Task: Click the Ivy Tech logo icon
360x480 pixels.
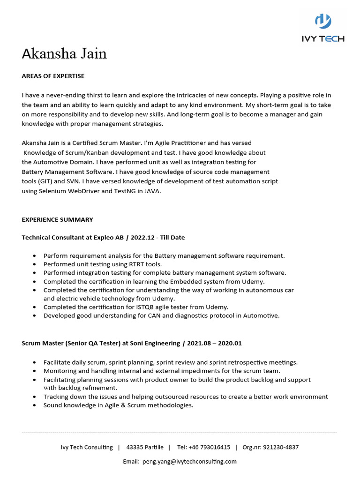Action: [x=322, y=22]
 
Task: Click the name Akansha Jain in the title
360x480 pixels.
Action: [x=64, y=54]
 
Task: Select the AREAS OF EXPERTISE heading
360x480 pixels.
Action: [x=53, y=76]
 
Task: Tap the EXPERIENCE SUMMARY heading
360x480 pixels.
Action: [x=57, y=219]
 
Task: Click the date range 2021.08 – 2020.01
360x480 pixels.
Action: [x=214, y=343]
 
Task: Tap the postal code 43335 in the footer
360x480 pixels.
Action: [x=135, y=447]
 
